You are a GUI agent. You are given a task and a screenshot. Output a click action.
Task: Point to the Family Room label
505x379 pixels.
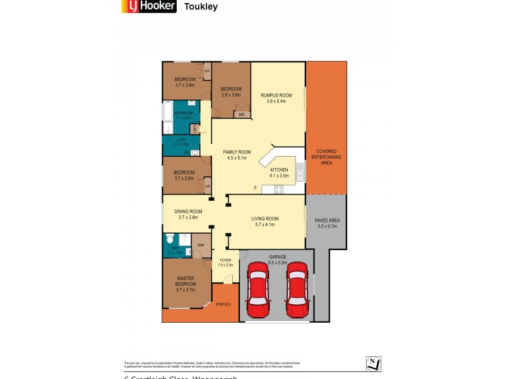(x=237, y=155)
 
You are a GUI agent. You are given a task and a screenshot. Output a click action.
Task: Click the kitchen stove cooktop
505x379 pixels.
(x=278, y=189)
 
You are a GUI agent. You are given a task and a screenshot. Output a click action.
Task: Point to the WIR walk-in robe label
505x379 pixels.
(x=201, y=245)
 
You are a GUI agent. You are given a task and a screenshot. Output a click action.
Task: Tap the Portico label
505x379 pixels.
(x=223, y=304)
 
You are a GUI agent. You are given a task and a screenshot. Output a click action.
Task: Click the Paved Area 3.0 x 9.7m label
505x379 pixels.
(x=326, y=223)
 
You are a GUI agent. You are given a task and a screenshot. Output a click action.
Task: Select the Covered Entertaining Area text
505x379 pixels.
(x=326, y=157)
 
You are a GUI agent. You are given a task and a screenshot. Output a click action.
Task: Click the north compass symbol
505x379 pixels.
(x=374, y=363)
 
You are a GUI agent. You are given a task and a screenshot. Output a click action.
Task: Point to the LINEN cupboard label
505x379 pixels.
(x=195, y=129)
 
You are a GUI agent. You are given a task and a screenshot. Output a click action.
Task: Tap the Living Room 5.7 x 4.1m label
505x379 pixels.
(x=265, y=222)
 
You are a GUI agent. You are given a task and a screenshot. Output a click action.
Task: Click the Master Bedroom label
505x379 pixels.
(x=185, y=281)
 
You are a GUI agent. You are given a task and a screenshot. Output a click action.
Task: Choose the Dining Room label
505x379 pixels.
(x=187, y=214)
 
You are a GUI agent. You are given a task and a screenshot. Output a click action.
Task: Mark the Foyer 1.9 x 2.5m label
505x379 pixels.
(x=226, y=262)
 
